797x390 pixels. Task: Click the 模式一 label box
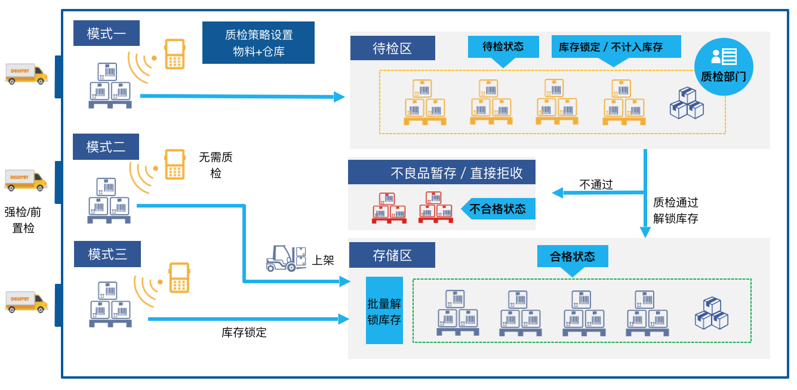point(106,33)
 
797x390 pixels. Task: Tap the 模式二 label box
point(106,147)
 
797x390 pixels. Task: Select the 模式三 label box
point(107,255)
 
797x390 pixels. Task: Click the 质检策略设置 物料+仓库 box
point(259,43)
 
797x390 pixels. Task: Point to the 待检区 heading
point(392,48)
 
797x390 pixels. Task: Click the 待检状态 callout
point(503,47)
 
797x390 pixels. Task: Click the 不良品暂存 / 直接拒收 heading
point(442,172)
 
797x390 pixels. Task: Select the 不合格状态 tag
point(498,209)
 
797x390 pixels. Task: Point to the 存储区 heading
point(392,256)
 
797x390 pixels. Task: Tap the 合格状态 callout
point(573,256)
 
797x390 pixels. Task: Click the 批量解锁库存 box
point(384,311)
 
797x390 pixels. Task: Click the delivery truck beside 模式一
point(26,74)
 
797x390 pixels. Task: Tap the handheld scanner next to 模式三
point(179,278)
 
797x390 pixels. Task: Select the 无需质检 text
point(216,165)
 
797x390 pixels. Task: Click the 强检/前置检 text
point(23,219)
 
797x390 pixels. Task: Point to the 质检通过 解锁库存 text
point(675,211)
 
